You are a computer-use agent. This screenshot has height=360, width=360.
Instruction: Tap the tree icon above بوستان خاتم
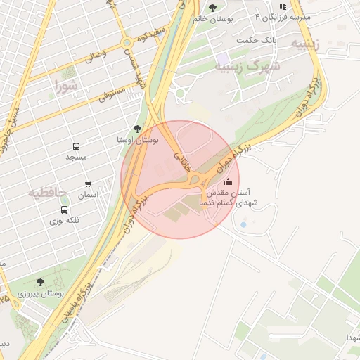point(213,8)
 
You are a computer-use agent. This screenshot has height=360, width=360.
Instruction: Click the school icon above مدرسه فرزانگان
point(283,6)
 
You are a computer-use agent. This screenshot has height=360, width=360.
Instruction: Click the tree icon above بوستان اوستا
point(136,129)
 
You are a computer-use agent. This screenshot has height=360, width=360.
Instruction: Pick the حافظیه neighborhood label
point(47,191)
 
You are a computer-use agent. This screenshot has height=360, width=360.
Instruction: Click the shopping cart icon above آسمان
point(88,184)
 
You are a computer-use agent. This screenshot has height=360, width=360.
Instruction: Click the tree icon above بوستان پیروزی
point(39,281)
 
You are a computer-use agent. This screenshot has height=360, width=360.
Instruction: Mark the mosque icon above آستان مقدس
point(227,182)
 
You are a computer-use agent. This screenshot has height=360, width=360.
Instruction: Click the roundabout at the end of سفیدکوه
point(127,43)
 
